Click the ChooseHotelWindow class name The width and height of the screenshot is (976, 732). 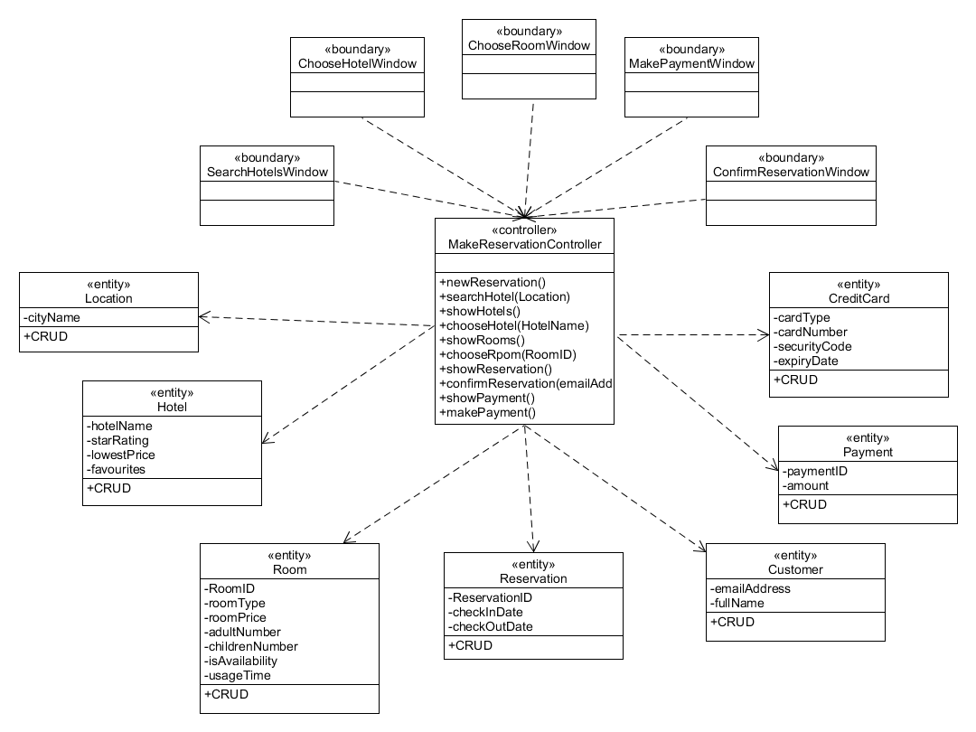pos(357,63)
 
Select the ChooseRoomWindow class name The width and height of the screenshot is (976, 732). pos(529,45)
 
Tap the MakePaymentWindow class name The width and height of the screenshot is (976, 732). pos(691,63)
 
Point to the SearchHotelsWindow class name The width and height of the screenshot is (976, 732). pos(267,172)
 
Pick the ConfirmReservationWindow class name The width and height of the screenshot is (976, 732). pos(791,172)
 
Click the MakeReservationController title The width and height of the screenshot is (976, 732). pos(524,244)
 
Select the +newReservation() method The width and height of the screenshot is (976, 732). pos(493,282)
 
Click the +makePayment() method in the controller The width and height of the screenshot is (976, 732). pos(488,412)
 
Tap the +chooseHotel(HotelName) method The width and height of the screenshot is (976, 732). pos(514,325)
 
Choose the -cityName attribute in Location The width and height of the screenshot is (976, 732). pos(52,317)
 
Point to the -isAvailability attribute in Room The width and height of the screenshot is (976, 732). pos(241,661)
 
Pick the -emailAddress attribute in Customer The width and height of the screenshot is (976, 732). pos(750,588)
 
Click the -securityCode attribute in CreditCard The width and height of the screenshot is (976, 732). pos(812,346)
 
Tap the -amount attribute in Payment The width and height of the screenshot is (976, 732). pos(805,485)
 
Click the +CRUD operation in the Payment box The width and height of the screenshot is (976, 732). pos(804,504)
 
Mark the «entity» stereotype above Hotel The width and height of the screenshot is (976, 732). pos(172,393)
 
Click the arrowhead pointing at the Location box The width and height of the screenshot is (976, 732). pos(202,316)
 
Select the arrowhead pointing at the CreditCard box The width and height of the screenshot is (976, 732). pos(764,334)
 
